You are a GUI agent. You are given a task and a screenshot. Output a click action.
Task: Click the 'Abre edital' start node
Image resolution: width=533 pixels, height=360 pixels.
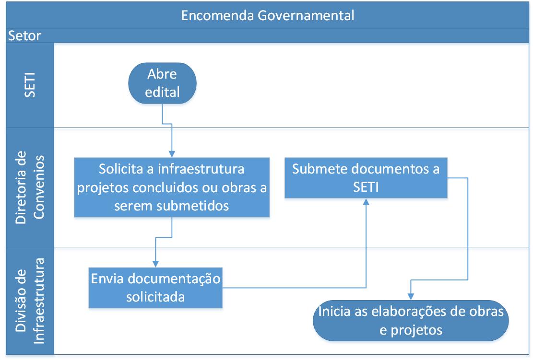click(x=162, y=83)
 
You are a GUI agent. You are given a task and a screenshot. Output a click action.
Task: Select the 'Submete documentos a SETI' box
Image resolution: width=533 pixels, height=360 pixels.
click(x=366, y=178)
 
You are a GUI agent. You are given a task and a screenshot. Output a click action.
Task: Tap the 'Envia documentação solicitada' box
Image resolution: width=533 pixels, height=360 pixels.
click(x=155, y=288)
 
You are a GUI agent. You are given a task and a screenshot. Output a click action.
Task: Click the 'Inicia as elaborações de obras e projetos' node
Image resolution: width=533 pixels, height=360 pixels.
click(x=411, y=321)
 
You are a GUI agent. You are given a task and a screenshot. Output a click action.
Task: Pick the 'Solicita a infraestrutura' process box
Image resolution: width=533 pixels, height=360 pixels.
click(x=172, y=187)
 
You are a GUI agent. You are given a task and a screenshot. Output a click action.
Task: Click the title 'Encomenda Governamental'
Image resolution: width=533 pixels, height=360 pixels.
click(x=268, y=16)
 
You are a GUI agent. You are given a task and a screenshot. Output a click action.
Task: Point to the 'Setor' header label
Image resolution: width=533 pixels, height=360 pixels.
click(x=24, y=35)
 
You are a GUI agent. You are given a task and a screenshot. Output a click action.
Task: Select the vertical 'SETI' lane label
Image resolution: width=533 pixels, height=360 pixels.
click(x=30, y=85)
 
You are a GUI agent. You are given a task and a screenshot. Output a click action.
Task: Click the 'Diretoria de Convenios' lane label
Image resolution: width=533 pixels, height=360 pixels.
click(x=30, y=187)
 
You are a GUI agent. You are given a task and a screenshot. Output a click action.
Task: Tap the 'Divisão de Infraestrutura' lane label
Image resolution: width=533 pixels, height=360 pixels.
click(x=30, y=301)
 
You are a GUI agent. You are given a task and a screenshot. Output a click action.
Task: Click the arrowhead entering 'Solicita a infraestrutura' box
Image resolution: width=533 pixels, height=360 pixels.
click(x=172, y=154)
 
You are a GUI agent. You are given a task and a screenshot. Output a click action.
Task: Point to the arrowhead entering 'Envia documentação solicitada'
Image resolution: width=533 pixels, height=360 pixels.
click(x=155, y=264)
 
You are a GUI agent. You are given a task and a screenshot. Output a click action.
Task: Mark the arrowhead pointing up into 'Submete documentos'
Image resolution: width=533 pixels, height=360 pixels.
click(x=366, y=202)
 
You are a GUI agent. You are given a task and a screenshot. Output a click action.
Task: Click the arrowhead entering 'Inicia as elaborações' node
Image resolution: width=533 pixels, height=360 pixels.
click(x=411, y=297)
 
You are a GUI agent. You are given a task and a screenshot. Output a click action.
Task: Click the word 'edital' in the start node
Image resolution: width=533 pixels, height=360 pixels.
click(x=162, y=93)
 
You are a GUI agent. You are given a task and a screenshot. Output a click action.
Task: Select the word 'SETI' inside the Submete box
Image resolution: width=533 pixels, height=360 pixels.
click(x=366, y=187)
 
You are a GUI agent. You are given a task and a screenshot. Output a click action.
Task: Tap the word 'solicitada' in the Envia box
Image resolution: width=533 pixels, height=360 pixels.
click(x=155, y=297)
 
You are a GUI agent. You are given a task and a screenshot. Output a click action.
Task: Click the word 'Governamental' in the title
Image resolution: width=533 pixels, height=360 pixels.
click(x=306, y=16)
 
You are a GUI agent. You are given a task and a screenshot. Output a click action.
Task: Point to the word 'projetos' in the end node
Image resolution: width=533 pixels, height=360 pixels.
click(x=416, y=330)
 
